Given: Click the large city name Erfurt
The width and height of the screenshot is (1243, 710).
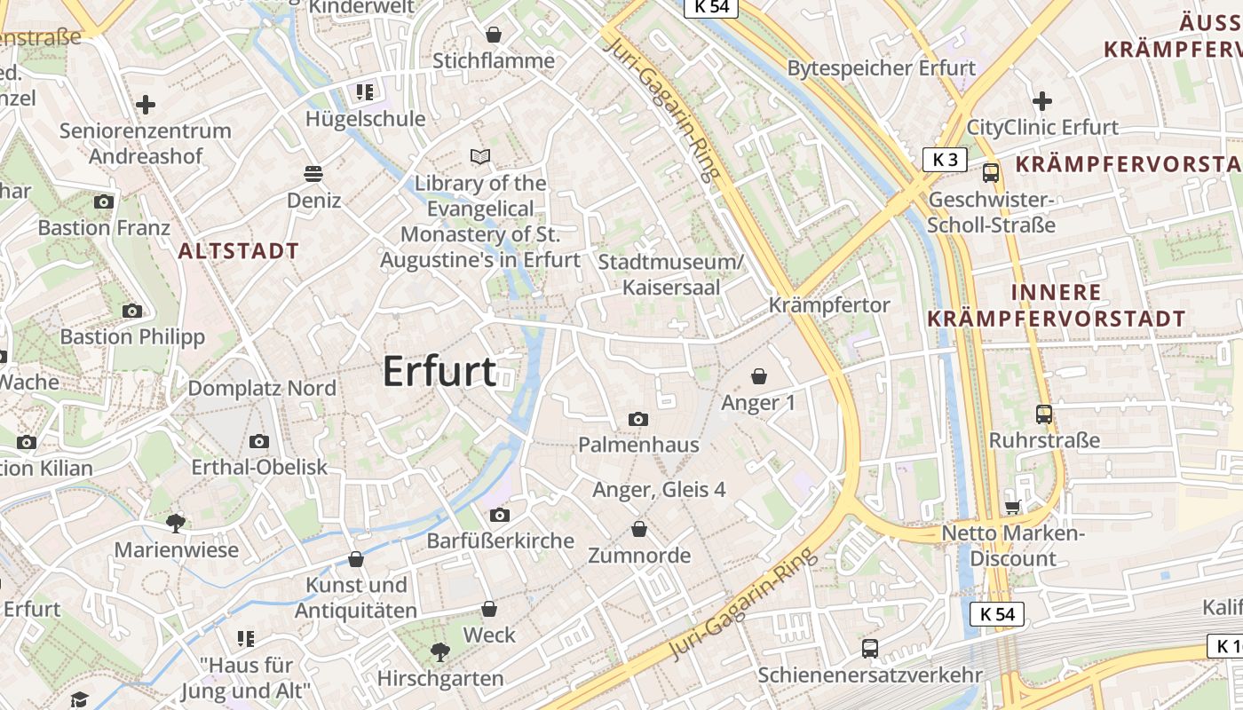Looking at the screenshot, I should pyautogui.click(x=439, y=371).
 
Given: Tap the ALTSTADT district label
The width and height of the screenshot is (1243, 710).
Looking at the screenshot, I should pyautogui.click(x=238, y=251).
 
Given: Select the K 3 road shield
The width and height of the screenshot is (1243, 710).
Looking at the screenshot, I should pyautogui.click(x=945, y=160).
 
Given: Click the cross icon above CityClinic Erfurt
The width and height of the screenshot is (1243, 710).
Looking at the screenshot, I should pyautogui.click(x=1042, y=101).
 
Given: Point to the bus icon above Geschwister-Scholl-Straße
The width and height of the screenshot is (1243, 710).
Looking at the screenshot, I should pyautogui.click(x=991, y=173).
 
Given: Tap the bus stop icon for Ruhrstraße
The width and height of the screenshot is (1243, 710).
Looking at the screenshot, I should pyautogui.click(x=1044, y=414).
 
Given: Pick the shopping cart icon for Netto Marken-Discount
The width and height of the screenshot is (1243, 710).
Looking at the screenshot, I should pyautogui.click(x=1012, y=507).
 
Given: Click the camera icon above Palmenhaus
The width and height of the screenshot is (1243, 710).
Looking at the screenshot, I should pyautogui.click(x=637, y=419).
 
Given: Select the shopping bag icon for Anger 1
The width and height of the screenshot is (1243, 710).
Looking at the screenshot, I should pyautogui.click(x=758, y=376).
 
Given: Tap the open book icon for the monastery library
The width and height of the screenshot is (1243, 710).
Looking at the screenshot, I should pyautogui.click(x=480, y=157).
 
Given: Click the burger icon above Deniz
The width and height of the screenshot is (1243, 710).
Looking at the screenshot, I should pyautogui.click(x=313, y=173).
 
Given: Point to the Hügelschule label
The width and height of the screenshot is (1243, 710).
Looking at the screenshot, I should pyautogui.click(x=366, y=119).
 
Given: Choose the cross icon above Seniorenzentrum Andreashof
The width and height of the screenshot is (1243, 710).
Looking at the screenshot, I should pyautogui.click(x=146, y=105).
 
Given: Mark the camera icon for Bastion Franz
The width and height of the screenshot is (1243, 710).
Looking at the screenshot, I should pyautogui.click(x=104, y=201).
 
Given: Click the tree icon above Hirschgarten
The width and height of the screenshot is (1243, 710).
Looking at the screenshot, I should pyautogui.click(x=439, y=653).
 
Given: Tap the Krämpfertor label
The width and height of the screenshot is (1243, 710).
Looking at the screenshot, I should pyautogui.click(x=829, y=305).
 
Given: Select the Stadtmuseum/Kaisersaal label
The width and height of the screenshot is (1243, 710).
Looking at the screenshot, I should pyautogui.click(x=670, y=274).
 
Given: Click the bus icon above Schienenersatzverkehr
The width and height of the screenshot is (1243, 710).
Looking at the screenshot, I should pyautogui.click(x=870, y=648).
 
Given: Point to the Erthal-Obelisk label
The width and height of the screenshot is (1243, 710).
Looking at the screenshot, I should pyautogui.click(x=259, y=467).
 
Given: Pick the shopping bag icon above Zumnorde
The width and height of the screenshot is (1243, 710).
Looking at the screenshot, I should pyautogui.click(x=639, y=530).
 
